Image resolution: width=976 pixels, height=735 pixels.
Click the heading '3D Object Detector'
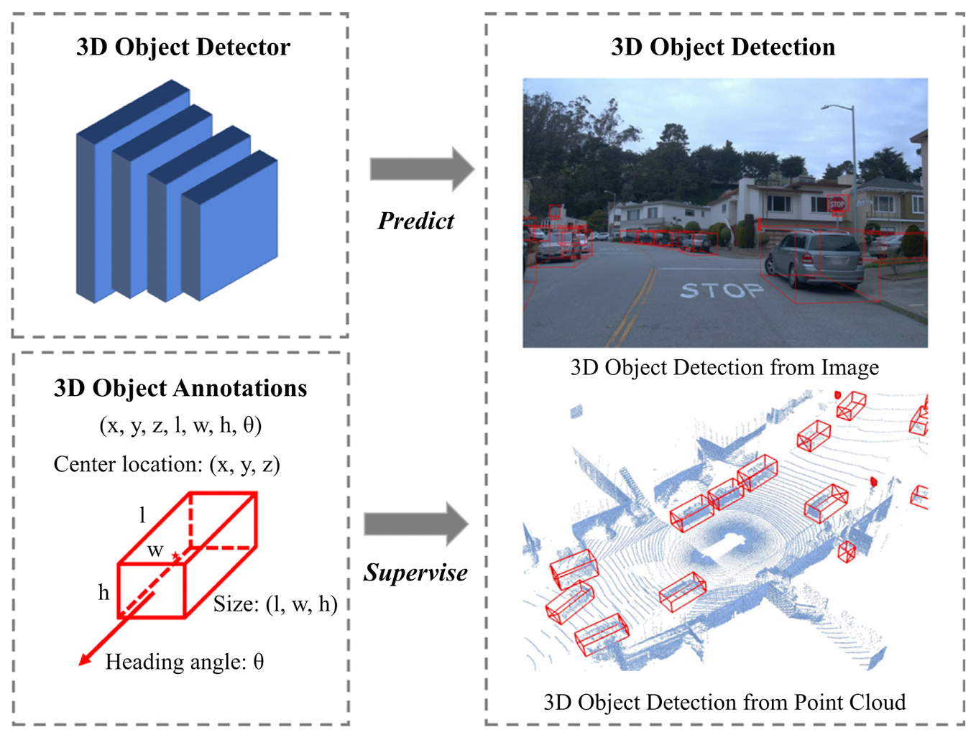tap(183, 47)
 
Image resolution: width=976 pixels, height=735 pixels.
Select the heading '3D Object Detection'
tap(723, 47)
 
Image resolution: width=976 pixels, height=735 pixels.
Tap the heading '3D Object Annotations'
tap(180, 389)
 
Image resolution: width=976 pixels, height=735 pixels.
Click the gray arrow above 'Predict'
tap(422, 170)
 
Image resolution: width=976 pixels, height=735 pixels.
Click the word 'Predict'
tap(416, 221)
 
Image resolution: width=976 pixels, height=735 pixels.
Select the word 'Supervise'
tap(415, 573)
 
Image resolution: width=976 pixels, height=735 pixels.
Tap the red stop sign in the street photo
tap(837, 204)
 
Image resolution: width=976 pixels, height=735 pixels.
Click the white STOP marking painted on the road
tap(722, 290)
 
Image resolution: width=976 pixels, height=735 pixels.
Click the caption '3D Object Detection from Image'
tap(724, 368)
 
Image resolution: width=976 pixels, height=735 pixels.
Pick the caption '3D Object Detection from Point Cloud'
tap(724, 702)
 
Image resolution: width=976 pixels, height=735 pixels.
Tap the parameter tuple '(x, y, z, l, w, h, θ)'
tap(180, 425)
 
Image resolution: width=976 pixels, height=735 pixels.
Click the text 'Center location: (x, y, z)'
tap(167, 465)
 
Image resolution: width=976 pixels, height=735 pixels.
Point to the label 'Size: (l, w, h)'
tap(275, 604)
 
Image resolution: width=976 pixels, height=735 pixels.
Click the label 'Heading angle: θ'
tap(185, 662)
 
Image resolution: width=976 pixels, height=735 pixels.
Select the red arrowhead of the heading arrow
tap(86, 659)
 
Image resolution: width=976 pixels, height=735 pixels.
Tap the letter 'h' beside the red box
tap(103, 593)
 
